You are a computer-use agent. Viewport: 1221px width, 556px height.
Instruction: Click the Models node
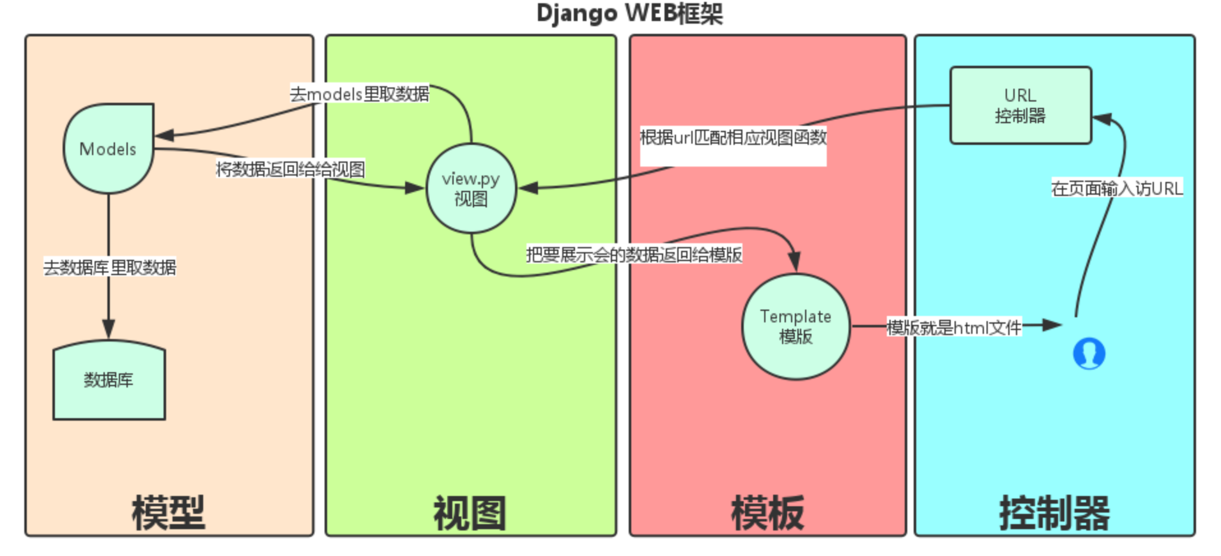[108, 149]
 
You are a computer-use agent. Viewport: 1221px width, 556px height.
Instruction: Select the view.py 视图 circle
[471, 188]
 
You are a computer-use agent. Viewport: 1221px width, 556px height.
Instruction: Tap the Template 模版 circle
[795, 326]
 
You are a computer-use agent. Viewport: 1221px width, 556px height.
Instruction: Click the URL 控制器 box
[1020, 105]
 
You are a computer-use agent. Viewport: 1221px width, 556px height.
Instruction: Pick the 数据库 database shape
[109, 381]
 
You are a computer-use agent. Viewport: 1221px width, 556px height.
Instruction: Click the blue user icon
[1089, 353]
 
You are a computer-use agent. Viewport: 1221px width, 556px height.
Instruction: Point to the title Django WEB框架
[629, 13]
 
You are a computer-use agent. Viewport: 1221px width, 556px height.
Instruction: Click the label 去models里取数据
[360, 94]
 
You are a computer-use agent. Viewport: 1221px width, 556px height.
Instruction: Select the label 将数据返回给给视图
[290, 169]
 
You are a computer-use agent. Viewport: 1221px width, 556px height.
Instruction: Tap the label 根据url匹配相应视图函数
[733, 137]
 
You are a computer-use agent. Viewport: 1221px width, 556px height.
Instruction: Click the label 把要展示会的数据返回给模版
[634, 255]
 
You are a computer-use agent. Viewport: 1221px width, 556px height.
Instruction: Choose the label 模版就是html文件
[954, 327]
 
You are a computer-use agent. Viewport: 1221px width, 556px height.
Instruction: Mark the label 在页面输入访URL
[1117, 188]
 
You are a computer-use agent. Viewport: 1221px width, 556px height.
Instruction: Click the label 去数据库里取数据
[109, 267]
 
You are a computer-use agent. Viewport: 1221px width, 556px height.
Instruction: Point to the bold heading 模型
[169, 513]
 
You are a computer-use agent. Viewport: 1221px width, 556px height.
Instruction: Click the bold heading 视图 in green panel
[470, 513]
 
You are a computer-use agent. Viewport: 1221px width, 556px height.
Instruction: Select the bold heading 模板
[767, 513]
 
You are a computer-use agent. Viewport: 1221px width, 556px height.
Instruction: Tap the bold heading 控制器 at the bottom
[1054, 513]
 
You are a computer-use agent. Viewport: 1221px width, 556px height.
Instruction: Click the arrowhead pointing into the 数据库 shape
[109, 329]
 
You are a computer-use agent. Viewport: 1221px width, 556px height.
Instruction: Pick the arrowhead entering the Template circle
[794, 261]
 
